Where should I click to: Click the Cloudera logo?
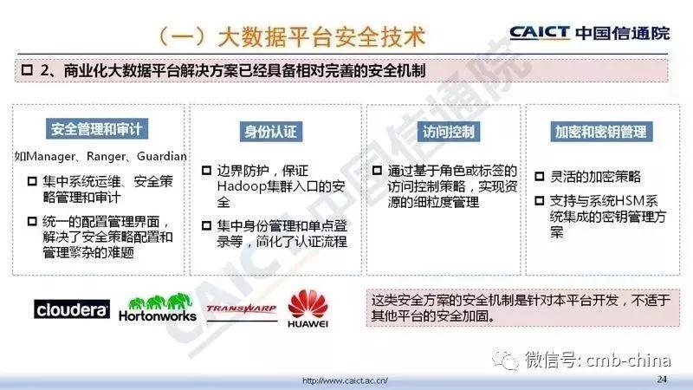click(72, 309)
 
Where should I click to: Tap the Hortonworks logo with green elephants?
click(158, 308)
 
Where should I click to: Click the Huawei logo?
click(308, 309)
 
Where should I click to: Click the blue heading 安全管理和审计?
click(97, 129)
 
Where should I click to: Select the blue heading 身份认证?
click(271, 132)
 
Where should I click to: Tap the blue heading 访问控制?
click(448, 132)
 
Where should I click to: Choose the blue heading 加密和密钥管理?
click(601, 132)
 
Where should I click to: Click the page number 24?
click(662, 379)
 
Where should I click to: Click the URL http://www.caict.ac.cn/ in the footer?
click(345, 380)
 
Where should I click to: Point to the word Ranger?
click(106, 157)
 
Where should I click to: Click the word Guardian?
click(162, 156)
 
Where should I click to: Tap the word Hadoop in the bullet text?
click(242, 186)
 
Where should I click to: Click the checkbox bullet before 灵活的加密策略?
click(539, 177)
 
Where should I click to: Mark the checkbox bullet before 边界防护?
click(206, 170)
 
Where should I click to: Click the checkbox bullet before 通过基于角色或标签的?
click(377, 170)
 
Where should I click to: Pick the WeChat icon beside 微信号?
click(506, 360)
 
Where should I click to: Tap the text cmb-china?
click(628, 360)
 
